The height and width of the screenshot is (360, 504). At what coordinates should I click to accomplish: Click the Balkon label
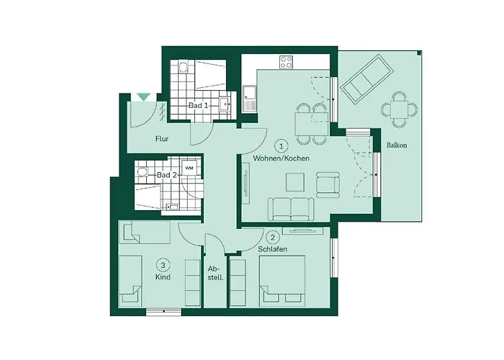[397, 145]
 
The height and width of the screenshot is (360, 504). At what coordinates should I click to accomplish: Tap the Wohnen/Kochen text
[281, 158]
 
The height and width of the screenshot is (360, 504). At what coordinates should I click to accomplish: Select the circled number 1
[281, 145]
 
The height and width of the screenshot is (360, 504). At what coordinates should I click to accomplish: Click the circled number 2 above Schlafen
[272, 237]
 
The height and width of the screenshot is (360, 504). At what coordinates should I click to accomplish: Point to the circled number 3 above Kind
[163, 264]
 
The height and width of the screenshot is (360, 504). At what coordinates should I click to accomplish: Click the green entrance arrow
[143, 97]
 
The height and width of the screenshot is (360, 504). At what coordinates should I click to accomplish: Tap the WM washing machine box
[189, 168]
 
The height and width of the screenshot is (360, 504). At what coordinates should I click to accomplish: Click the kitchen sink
[250, 98]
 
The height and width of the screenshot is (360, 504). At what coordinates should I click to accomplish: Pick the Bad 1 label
[199, 106]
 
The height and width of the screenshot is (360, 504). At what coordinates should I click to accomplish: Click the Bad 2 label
[167, 175]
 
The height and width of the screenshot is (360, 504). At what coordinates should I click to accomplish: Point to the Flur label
[161, 140]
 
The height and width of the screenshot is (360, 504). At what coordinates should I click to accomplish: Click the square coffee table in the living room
[295, 183]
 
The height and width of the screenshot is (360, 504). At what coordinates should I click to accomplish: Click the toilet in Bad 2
[142, 174]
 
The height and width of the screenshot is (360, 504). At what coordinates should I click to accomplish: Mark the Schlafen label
[273, 249]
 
